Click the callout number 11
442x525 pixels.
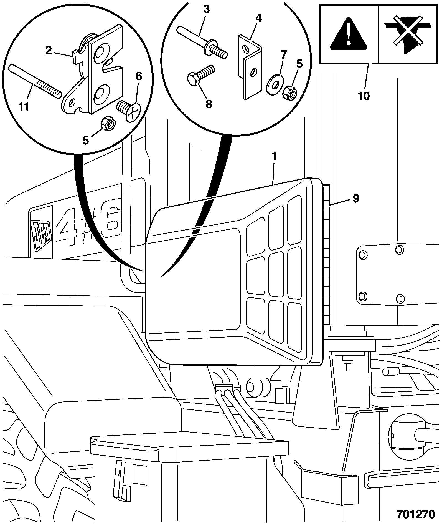(24, 106)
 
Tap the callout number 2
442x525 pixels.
(49, 51)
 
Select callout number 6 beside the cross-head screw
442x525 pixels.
(139, 76)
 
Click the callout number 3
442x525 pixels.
(206, 9)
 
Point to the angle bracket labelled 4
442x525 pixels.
(251, 67)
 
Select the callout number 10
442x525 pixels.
(364, 96)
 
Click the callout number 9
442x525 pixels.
(356, 198)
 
